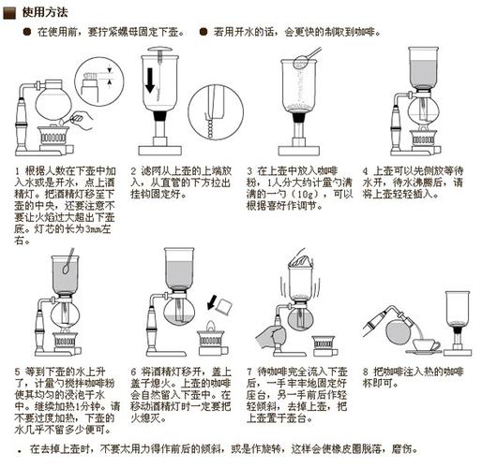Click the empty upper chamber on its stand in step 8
[459, 309]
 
